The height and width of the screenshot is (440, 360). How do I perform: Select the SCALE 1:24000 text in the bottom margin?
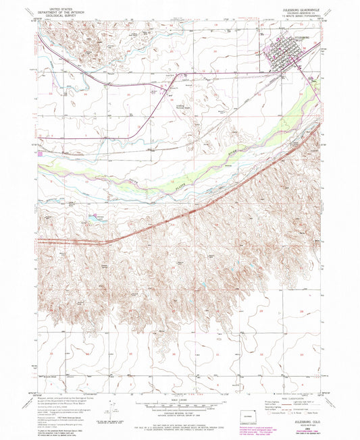point(179,398)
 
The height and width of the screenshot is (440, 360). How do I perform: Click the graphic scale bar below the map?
point(179,404)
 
